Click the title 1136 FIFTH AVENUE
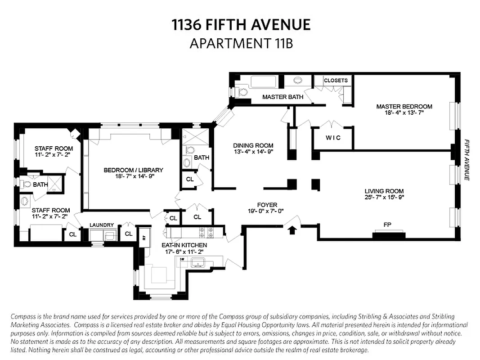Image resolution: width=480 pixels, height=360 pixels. tap(241, 24)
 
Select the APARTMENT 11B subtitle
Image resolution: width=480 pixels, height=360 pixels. tap(241, 43)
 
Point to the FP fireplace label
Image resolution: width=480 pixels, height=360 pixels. tap(387, 224)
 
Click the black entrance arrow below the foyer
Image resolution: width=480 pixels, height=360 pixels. tap(292, 230)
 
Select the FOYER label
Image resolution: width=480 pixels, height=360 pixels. tap(267, 205)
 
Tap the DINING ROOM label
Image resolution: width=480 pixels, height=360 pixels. tap(253, 145)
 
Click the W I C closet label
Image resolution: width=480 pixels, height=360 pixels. tap(333, 138)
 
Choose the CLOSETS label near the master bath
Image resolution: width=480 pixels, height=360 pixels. tap(336, 81)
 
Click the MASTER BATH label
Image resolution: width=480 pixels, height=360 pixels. tap(283, 97)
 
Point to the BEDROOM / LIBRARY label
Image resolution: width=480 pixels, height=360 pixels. tap(133, 170)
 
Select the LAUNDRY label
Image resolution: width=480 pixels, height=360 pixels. tap(102, 225)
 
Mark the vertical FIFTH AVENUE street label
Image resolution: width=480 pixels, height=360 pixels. tap(467, 159)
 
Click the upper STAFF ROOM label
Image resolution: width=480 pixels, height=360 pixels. tap(54, 148)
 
